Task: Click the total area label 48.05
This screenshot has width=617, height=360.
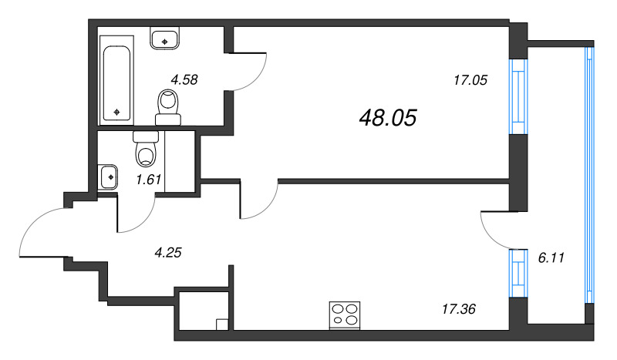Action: [388, 118]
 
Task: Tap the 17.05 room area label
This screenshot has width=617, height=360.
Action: [470, 80]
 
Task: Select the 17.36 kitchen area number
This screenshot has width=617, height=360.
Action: [458, 309]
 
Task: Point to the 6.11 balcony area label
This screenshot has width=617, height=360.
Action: [551, 258]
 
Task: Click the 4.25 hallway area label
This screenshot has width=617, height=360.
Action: [168, 253]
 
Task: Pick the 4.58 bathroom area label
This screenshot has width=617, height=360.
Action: [184, 80]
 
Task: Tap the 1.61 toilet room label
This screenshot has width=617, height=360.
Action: [148, 180]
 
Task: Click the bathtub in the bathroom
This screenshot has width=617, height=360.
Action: [117, 80]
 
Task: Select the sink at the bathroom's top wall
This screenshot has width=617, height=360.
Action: [164, 38]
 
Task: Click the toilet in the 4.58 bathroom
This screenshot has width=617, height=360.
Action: [168, 107]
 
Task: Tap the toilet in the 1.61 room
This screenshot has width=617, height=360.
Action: [146, 148]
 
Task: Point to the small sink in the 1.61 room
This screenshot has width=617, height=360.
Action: [107, 177]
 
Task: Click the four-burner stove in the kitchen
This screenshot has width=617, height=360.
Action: [345, 315]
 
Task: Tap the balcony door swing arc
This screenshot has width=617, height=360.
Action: [489, 235]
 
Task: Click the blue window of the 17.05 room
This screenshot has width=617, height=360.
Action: [518, 97]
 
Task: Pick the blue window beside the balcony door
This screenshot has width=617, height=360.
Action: [518, 273]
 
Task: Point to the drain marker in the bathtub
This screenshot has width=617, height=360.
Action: [116, 112]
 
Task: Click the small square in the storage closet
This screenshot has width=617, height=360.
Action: [222, 325]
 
